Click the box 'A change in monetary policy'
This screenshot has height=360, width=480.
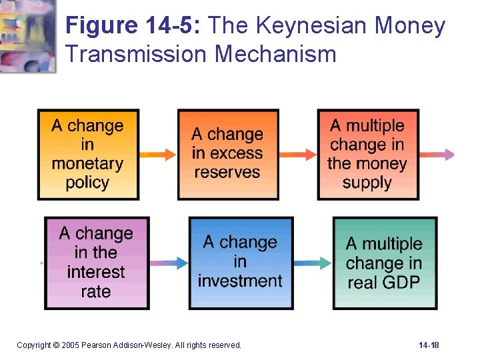(88, 154)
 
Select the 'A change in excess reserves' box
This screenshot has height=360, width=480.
(227, 154)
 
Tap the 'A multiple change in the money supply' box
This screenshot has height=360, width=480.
(367, 154)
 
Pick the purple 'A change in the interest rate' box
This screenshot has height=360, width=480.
(96, 263)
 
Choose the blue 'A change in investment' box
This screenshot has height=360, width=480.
(240, 263)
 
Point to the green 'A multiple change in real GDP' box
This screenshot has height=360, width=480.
(385, 263)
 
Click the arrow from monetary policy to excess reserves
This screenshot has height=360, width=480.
(158, 155)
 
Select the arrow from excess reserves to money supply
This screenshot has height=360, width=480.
(297, 155)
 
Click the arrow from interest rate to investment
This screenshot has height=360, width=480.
(169, 263)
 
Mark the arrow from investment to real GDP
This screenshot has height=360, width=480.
(312, 263)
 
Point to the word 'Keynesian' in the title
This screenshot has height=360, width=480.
(305, 27)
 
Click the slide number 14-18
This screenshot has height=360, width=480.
(429, 345)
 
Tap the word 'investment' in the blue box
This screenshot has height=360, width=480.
(240, 281)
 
